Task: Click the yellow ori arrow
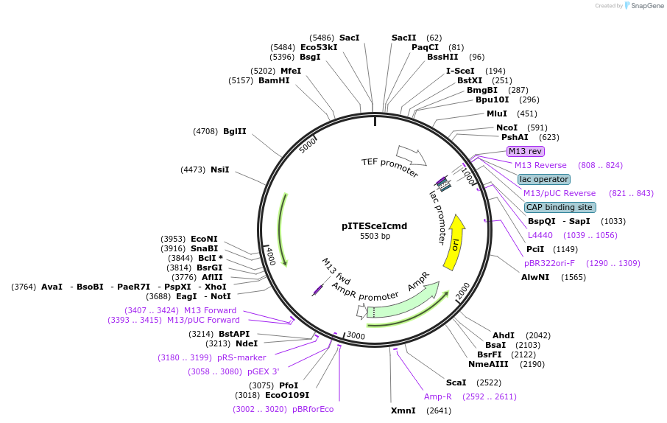click(455, 242)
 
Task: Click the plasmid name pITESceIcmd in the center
click(375, 226)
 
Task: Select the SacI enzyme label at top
click(349, 38)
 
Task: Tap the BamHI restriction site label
click(274, 80)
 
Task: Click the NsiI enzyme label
click(219, 169)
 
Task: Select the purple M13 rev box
click(525, 151)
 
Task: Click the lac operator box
click(543, 179)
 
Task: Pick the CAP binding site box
click(559, 207)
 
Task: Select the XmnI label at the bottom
click(403, 410)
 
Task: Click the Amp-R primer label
click(437, 396)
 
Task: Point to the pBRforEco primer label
click(313, 409)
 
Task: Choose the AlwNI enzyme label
click(535, 277)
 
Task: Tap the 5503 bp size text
click(375, 237)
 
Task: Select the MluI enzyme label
click(497, 113)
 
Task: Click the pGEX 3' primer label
click(263, 371)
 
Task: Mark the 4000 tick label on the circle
click(270, 256)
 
